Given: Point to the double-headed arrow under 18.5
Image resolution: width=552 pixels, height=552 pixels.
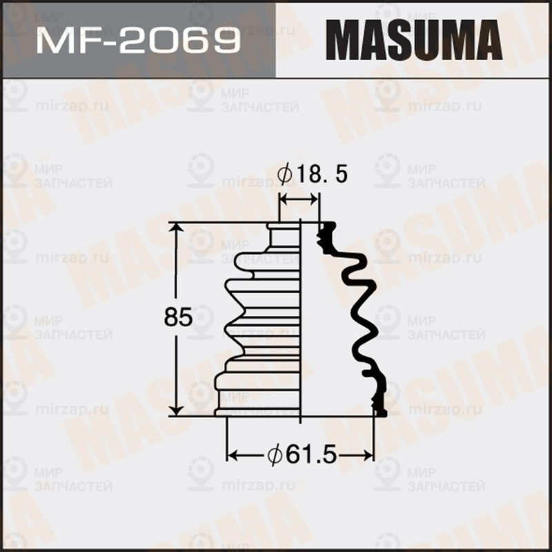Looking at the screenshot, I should tap(299, 199).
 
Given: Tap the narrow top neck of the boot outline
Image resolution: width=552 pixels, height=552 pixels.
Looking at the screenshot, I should tap(284, 235).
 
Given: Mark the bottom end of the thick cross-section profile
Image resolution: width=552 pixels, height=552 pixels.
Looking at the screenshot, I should tap(379, 412).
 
